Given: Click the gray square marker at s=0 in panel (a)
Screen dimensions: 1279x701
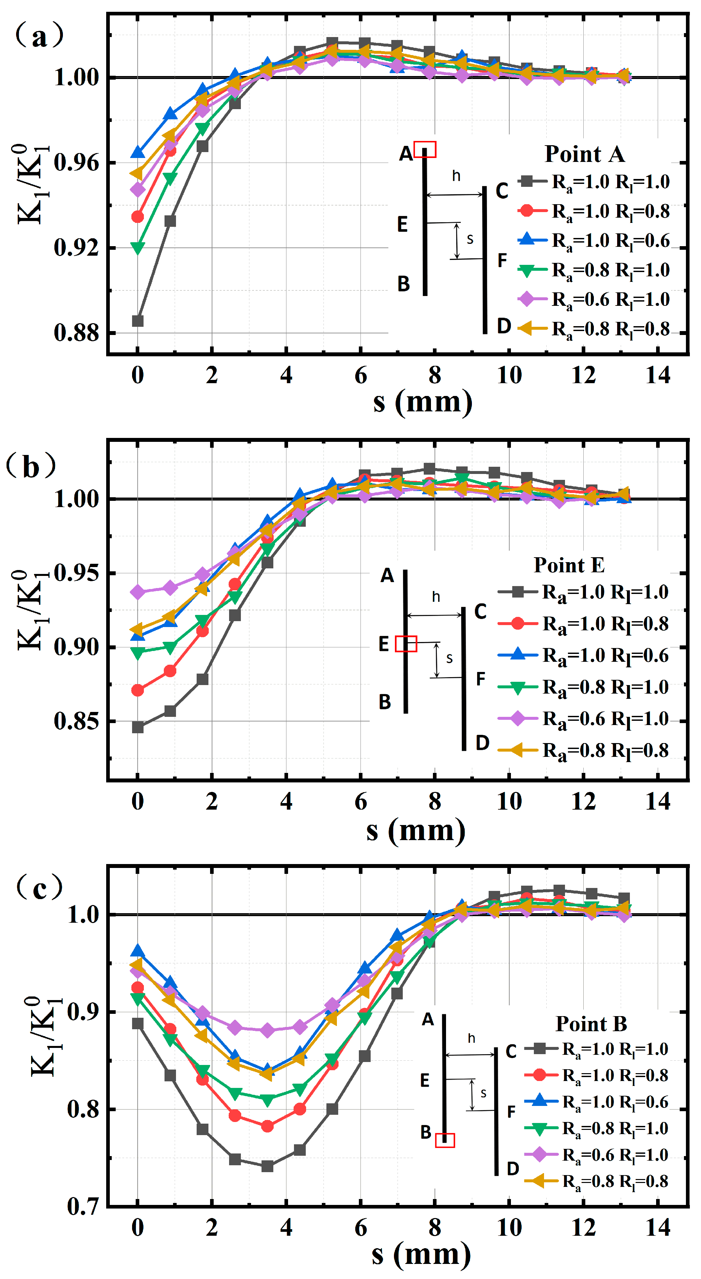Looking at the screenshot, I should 138,321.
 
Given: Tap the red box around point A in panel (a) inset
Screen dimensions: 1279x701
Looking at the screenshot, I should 425,149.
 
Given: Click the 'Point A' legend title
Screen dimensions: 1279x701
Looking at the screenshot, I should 584,154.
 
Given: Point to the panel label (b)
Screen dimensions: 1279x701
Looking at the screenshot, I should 31,466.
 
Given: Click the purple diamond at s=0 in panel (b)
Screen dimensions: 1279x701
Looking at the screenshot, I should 138,592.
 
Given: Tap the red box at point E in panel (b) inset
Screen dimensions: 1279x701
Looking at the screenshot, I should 406,643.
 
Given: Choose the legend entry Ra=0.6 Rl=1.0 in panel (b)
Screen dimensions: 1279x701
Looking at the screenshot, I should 584,718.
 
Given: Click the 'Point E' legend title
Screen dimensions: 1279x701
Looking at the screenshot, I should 569,565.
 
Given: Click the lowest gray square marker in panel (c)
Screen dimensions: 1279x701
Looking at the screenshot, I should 267,1166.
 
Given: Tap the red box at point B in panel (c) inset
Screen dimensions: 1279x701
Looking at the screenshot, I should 445,1140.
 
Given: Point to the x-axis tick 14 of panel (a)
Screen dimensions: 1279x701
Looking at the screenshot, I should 658,375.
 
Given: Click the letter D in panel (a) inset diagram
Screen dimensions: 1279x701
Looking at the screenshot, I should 504,326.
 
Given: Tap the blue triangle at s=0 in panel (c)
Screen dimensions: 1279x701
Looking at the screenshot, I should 138,951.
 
